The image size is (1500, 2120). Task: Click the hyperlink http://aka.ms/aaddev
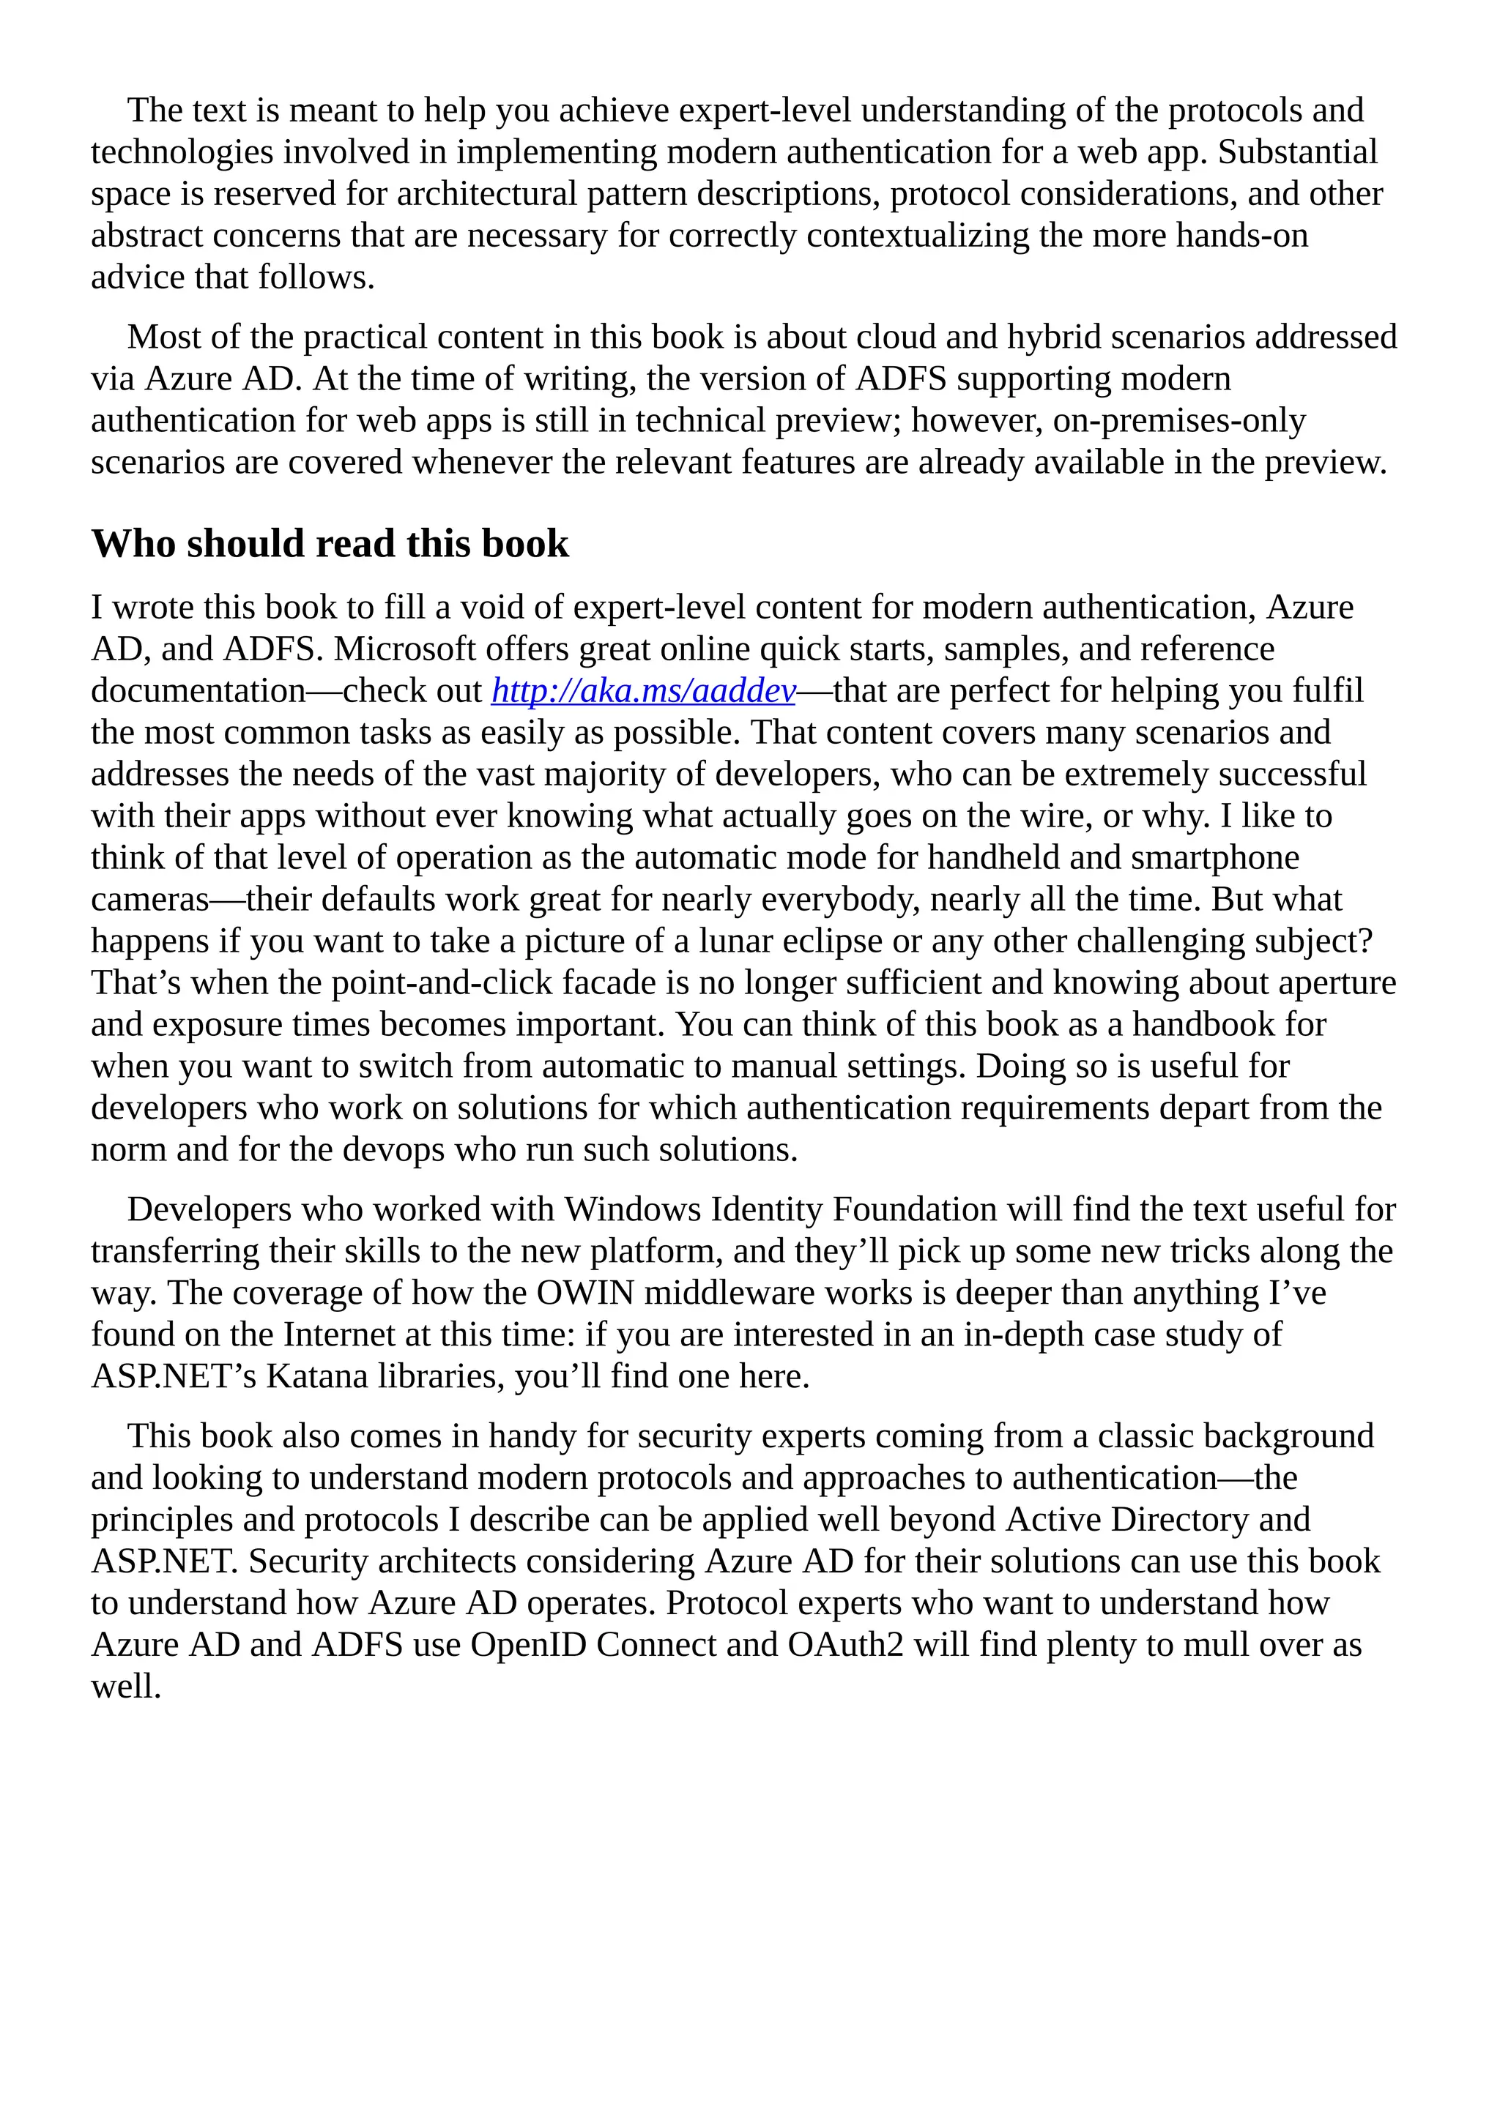coord(643,690)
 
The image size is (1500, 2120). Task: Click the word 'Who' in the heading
coord(132,544)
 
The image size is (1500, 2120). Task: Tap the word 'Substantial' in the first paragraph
coord(1297,152)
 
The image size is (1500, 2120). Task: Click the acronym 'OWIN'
coord(586,1293)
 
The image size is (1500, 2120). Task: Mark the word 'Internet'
coord(336,1335)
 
